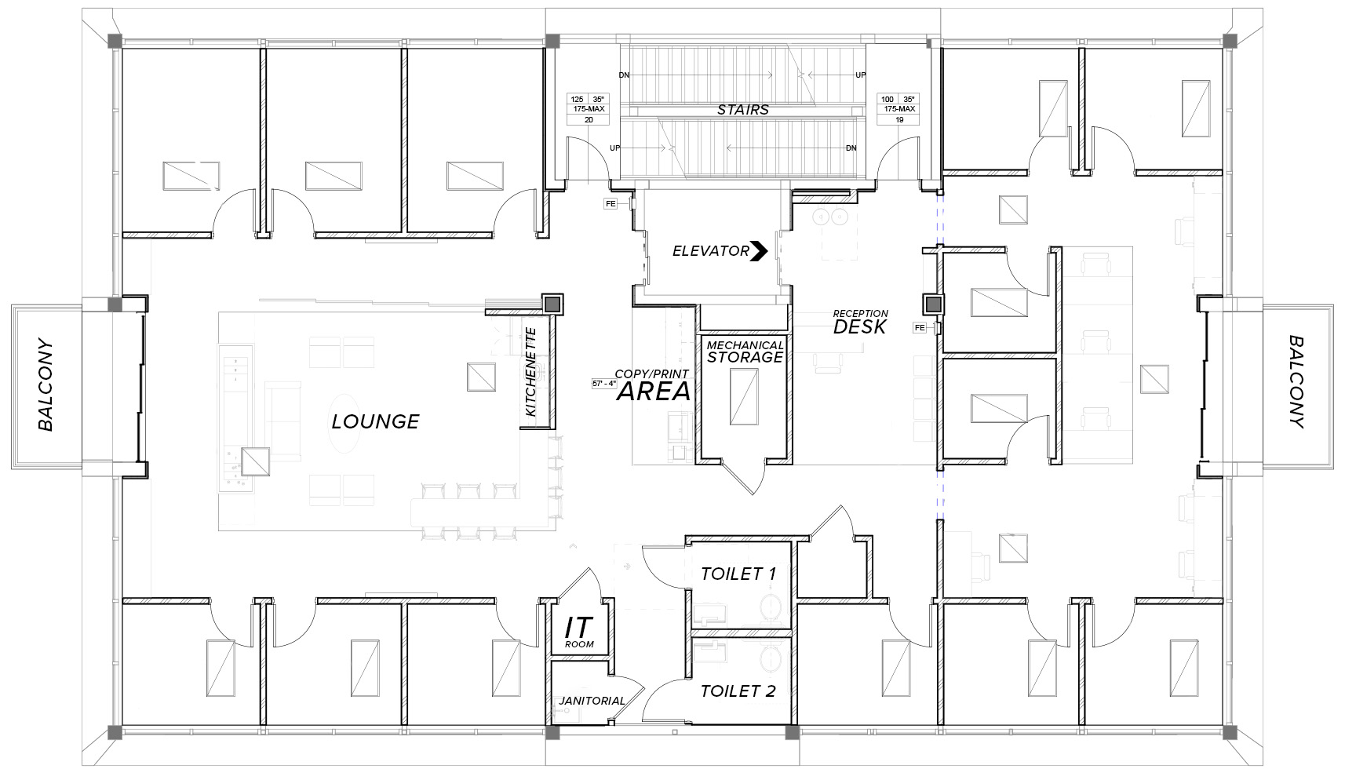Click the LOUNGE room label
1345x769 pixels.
[375, 421]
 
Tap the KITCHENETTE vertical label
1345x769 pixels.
[530, 372]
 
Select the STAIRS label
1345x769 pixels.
[743, 110]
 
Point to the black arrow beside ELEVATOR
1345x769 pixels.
[759, 251]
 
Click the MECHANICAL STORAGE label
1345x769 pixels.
[745, 352]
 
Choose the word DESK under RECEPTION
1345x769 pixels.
[860, 327]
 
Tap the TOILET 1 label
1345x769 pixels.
[738, 574]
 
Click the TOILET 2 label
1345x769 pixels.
[738, 691]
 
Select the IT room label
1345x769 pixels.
[579, 632]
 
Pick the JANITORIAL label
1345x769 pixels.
[592, 701]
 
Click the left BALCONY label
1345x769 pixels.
[46, 385]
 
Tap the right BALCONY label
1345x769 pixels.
[1296, 382]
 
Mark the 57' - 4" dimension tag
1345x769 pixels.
[604, 383]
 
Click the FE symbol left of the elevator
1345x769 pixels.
[611, 204]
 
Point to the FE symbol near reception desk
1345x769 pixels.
[919, 328]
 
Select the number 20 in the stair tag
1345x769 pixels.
[589, 120]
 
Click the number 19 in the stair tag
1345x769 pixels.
[899, 120]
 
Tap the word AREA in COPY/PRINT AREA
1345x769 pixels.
[654, 392]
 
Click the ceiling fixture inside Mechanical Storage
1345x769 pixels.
[744, 397]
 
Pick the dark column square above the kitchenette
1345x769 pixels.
[552, 304]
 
